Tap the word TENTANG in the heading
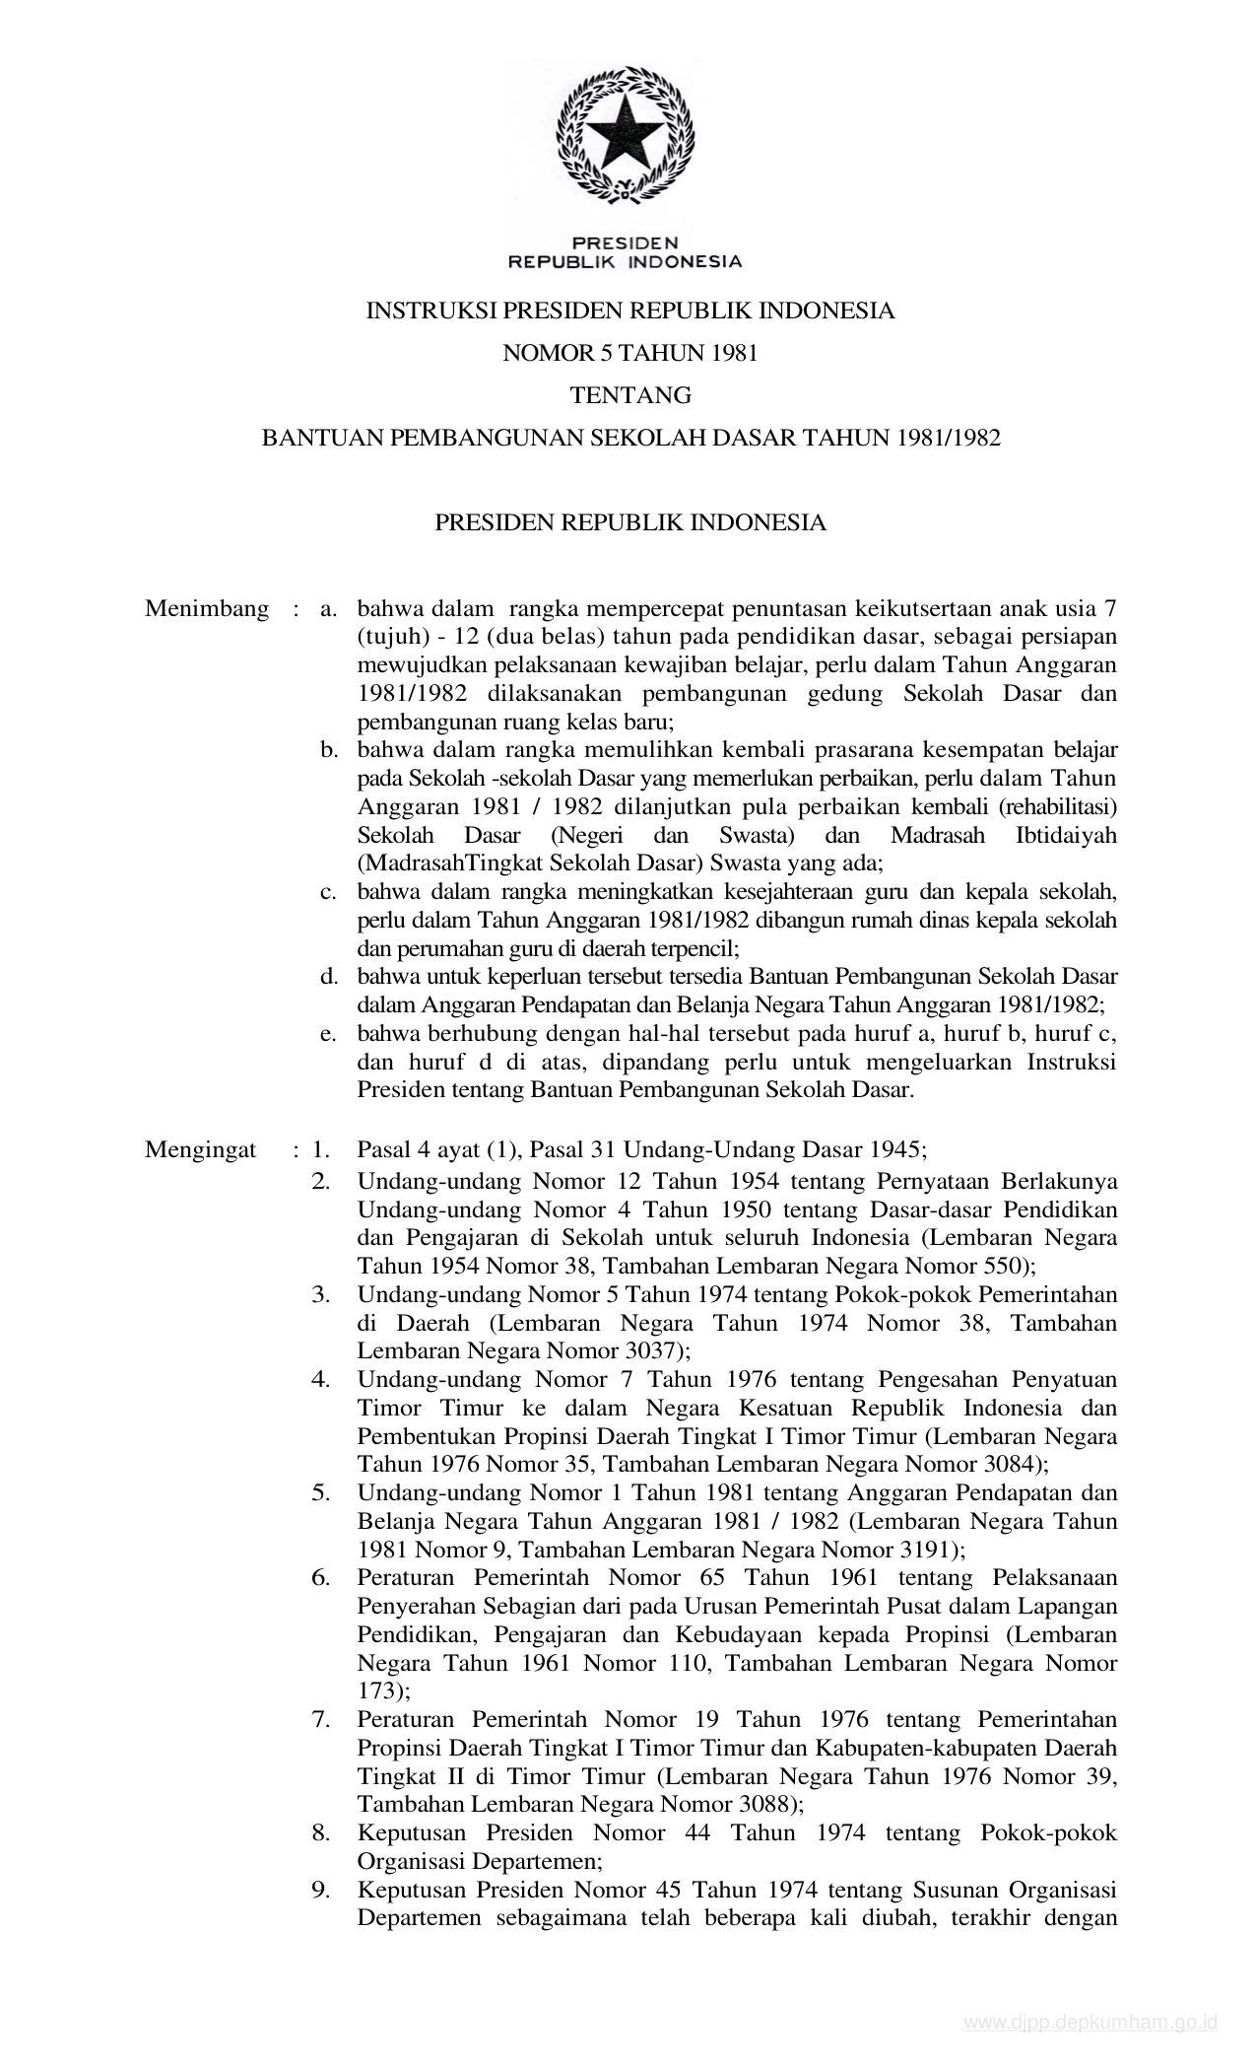pyautogui.click(x=630, y=396)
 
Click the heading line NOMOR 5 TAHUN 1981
pyautogui.click(x=630, y=354)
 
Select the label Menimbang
pyautogui.click(x=207, y=608)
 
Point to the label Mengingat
pyautogui.click(x=200, y=1149)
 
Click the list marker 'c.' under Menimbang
pyautogui.click(x=329, y=892)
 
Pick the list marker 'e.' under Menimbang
pyautogui.click(x=329, y=1034)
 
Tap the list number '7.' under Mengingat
pyautogui.click(x=321, y=1720)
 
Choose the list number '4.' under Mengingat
pyautogui.click(x=321, y=1379)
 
